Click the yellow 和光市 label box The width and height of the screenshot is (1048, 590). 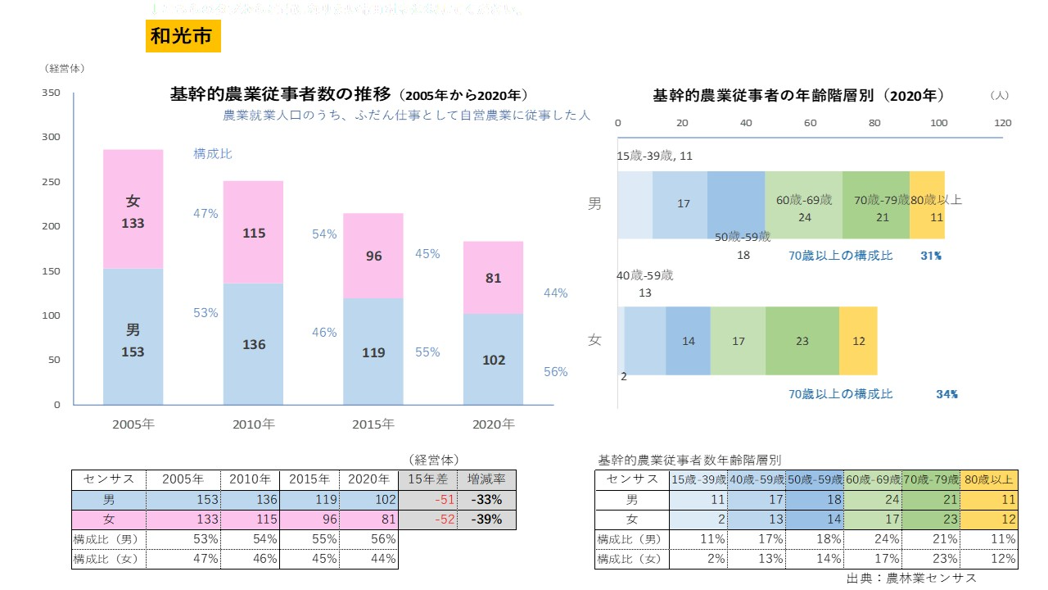[x=183, y=36]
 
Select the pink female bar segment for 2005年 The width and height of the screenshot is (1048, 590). [x=133, y=209]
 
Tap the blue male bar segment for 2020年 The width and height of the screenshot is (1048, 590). [x=494, y=359]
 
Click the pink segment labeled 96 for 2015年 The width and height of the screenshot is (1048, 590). [x=373, y=256]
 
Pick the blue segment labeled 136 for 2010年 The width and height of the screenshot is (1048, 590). [x=254, y=344]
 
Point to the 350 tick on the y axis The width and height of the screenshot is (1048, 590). [x=51, y=93]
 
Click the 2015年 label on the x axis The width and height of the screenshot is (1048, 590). [x=373, y=424]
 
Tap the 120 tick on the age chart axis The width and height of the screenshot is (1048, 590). [x=1002, y=123]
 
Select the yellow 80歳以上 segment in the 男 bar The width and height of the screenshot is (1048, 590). [x=927, y=205]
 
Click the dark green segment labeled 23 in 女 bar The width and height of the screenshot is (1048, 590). [x=802, y=341]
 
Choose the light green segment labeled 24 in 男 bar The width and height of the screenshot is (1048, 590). [x=804, y=205]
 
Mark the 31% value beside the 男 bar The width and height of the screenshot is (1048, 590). [x=930, y=256]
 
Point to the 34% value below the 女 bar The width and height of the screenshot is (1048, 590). [x=946, y=394]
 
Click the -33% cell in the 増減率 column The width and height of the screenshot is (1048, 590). [x=486, y=500]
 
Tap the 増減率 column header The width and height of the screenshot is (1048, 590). [x=486, y=479]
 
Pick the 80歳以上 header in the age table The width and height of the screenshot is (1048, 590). [x=989, y=479]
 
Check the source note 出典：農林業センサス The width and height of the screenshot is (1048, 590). [x=911, y=579]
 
